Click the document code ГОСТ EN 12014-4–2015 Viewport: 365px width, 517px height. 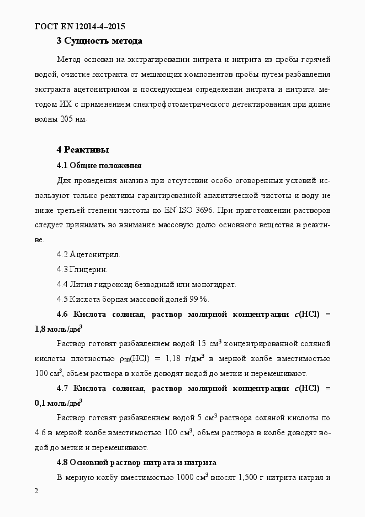coord(81,26)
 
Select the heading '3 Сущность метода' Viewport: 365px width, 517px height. coord(99,41)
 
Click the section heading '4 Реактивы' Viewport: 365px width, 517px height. coord(83,150)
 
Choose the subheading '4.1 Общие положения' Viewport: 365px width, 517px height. coord(99,165)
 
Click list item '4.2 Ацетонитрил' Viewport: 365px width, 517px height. coord(88,255)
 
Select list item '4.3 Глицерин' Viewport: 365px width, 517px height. coord(82,270)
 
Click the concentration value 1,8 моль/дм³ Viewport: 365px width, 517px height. coord(59,329)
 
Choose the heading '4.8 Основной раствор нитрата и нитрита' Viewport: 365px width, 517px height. coord(136,462)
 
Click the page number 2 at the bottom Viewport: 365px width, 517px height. coord(36,492)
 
